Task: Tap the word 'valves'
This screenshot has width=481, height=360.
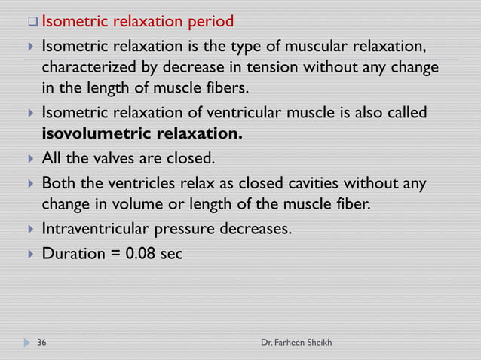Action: tap(119, 159)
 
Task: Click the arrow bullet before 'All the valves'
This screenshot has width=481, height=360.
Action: tap(29, 160)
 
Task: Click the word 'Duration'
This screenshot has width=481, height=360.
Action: tap(73, 254)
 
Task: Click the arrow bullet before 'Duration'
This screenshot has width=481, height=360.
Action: tap(29, 255)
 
